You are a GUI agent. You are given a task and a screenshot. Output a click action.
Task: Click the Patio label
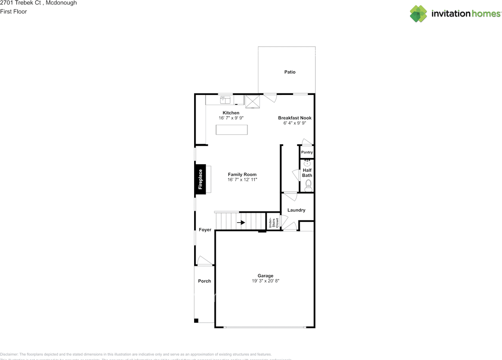click(x=290, y=72)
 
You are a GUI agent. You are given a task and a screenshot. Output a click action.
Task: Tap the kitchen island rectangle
click(x=232, y=130)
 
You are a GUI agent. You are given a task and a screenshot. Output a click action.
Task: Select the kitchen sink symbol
click(x=226, y=100)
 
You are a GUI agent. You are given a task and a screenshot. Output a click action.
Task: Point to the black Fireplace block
click(x=200, y=179)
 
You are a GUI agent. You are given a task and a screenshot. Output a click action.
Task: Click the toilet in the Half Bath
click(x=308, y=187)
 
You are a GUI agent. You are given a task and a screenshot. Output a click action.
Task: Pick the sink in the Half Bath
click(x=307, y=163)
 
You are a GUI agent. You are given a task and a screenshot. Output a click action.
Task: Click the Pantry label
click(x=307, y=152)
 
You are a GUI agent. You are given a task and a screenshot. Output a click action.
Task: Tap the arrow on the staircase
click(x=241, y=223)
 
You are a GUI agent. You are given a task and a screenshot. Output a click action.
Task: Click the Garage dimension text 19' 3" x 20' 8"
click(x=266, y=281)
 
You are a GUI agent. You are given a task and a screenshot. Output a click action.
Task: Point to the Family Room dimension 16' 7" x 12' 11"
click(x=242, y=180)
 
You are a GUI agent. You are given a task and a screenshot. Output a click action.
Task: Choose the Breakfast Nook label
click(x=295, y=118)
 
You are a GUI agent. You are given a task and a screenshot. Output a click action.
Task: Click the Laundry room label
click(x=296, y=210)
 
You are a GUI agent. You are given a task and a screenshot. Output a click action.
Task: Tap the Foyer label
click(x=205, y=230)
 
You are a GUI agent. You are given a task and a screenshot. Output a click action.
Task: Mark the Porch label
click(x=204, y=281)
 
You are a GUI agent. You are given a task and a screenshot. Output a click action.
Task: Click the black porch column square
click(x=196, y=321)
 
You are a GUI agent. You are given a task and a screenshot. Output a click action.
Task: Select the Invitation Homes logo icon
click(x=418, y=14)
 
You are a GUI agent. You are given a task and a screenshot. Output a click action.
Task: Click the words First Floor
click(x=14, y=11)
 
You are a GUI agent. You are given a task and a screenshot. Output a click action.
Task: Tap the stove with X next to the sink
click(x=253, y=101)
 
